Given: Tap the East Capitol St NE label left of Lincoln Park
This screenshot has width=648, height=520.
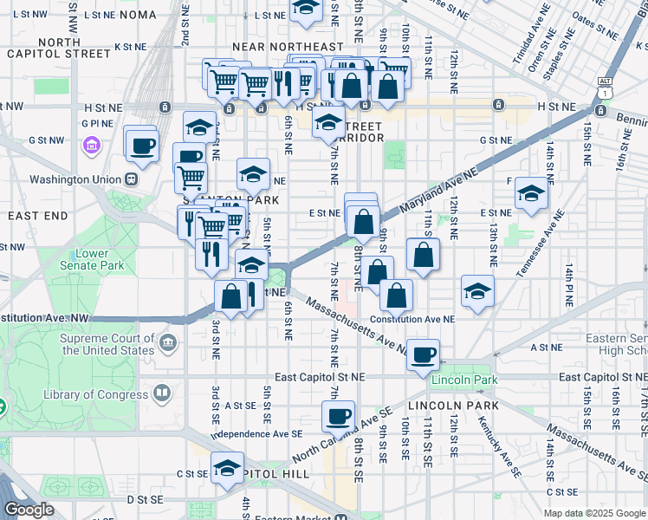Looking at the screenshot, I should point(321,378).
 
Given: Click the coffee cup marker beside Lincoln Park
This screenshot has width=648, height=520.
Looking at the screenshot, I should point(424,354).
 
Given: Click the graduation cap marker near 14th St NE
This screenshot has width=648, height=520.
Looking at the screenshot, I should point(530,192).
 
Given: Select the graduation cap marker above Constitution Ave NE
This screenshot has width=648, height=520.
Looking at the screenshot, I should point(476,291).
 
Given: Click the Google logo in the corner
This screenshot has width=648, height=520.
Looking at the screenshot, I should point(29,510).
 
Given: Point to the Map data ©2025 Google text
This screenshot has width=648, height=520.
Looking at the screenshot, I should point(593,513).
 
